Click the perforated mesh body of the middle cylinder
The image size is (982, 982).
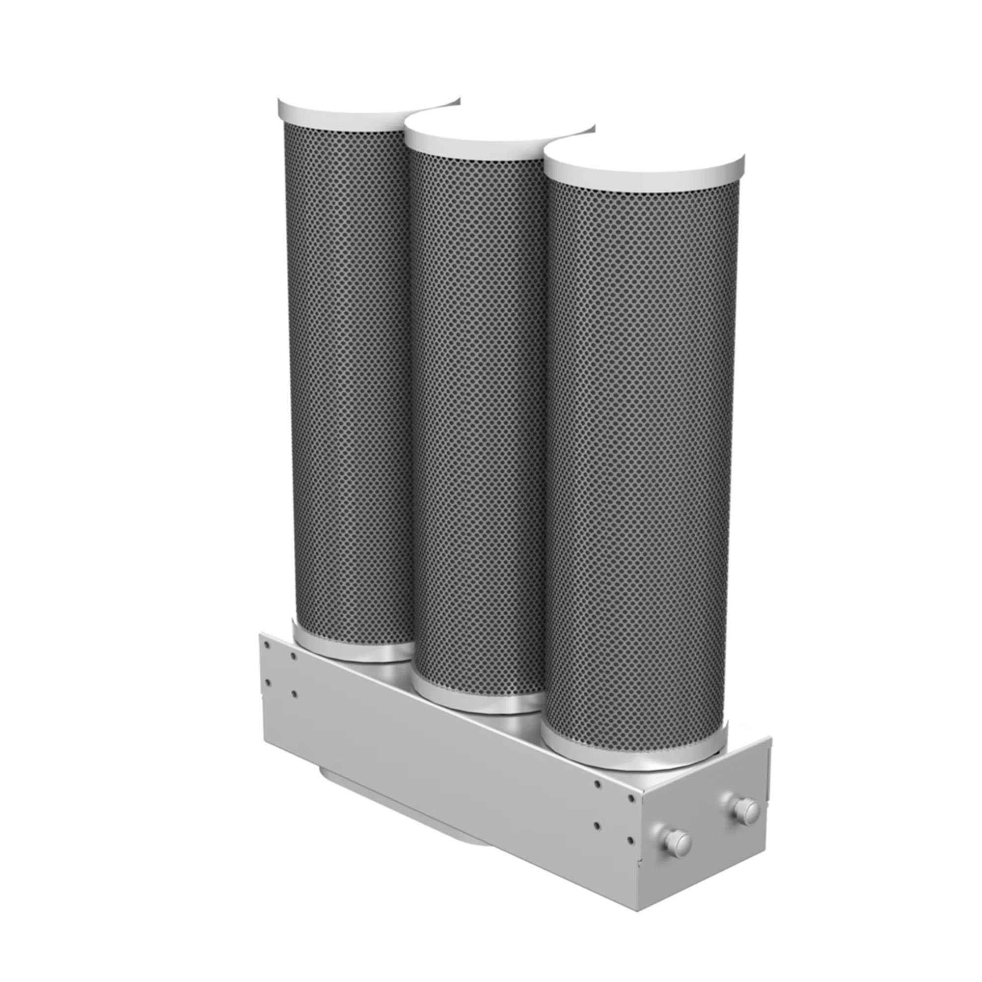point(478,407)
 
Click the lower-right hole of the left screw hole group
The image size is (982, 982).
point(295,692)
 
